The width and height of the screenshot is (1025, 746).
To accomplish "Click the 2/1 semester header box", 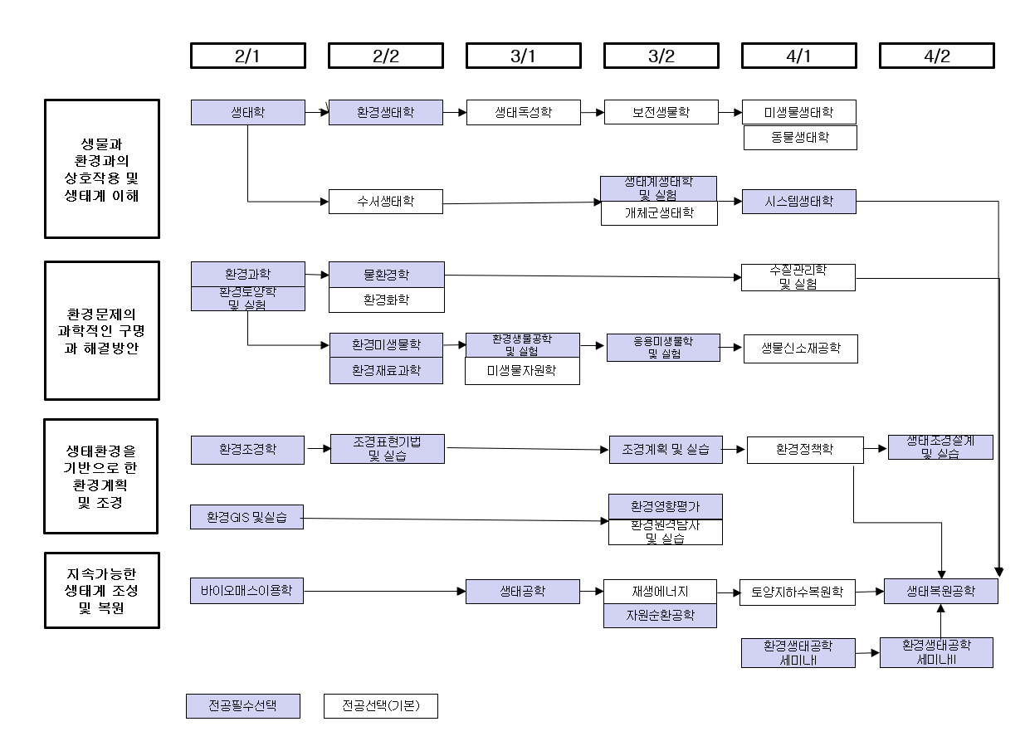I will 247,56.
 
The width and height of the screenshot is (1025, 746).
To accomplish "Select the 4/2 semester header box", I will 936,56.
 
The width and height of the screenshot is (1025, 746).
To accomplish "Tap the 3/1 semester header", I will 523,56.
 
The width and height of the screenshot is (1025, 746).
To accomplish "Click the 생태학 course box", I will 247,112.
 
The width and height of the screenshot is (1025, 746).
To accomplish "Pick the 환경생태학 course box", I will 386,112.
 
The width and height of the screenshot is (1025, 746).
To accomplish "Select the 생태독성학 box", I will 523,112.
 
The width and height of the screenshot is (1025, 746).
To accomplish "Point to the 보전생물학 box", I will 661,112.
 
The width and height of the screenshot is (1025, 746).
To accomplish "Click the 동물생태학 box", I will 800,138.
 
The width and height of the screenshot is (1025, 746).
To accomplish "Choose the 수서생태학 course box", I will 386,201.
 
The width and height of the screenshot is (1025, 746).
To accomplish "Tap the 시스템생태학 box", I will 798,201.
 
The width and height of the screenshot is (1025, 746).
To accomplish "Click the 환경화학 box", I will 386,300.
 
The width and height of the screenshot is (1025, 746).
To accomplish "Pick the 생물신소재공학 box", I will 800,349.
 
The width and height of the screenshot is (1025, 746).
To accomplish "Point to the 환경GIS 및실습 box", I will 246,516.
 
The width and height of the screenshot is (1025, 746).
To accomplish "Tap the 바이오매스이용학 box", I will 246,591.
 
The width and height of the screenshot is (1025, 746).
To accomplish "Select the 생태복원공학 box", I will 940,591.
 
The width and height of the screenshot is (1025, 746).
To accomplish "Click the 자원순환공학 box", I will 660,615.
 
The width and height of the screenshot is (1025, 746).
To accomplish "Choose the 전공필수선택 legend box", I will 242,705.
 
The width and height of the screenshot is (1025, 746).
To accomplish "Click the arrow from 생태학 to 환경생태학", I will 317,112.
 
